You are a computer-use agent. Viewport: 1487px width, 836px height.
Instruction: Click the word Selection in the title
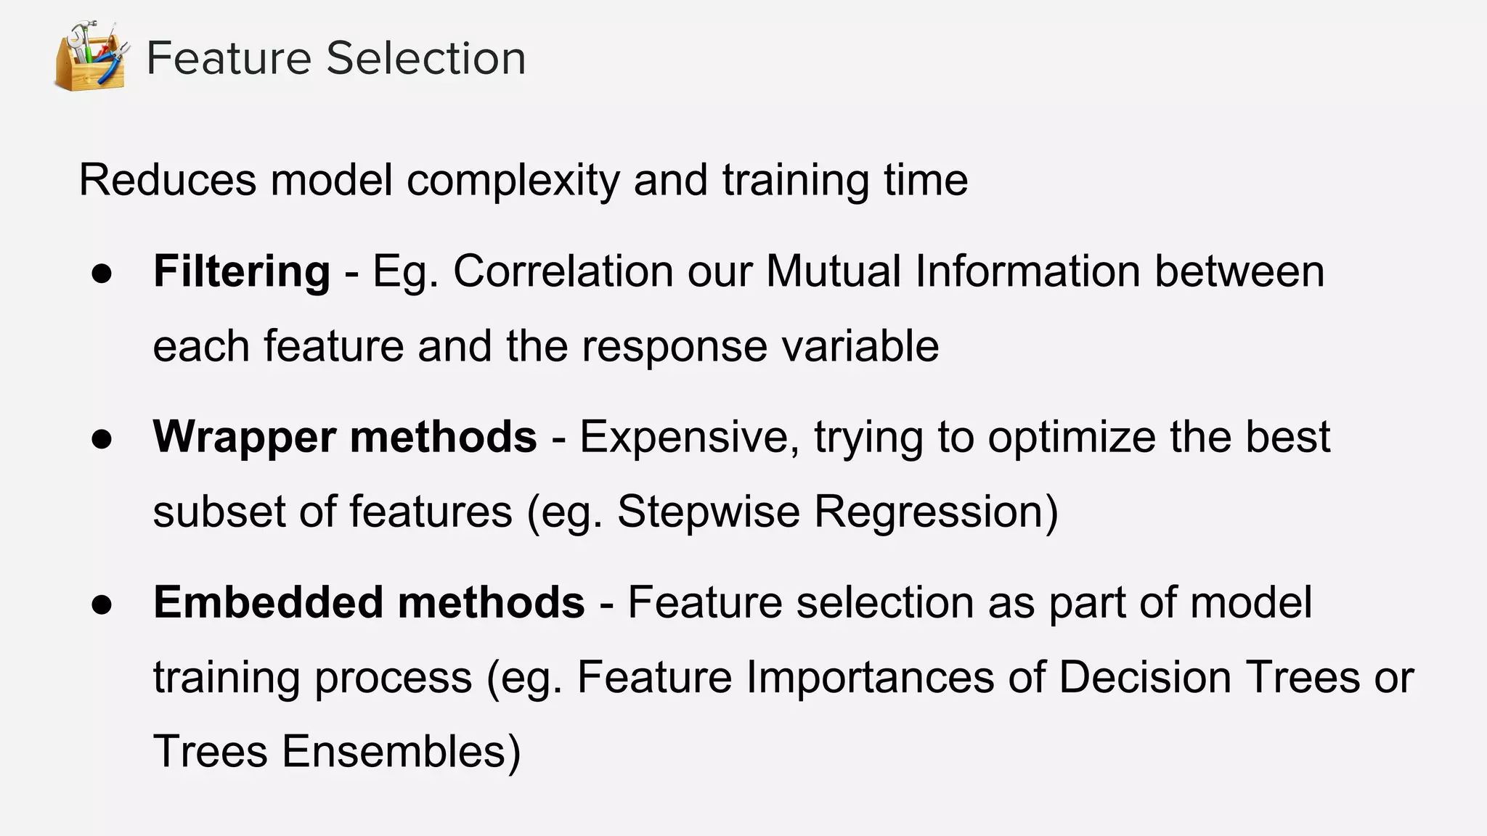(426, 58)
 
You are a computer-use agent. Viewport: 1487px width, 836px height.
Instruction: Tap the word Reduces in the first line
(167, 180)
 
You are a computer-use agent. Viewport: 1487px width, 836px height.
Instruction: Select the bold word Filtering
(242, 272)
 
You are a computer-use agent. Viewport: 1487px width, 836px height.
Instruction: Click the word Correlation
(563, 271)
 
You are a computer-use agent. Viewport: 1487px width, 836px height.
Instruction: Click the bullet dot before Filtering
(102, 274)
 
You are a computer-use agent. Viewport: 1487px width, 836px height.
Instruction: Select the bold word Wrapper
(244, 438)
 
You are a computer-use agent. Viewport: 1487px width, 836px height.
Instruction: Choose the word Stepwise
(708, 512)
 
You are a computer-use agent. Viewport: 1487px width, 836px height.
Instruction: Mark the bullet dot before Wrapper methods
(102, 439)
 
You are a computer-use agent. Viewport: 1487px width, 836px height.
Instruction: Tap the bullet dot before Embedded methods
(102, 605)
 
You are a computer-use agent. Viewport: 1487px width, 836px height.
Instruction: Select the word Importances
(870, 677)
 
